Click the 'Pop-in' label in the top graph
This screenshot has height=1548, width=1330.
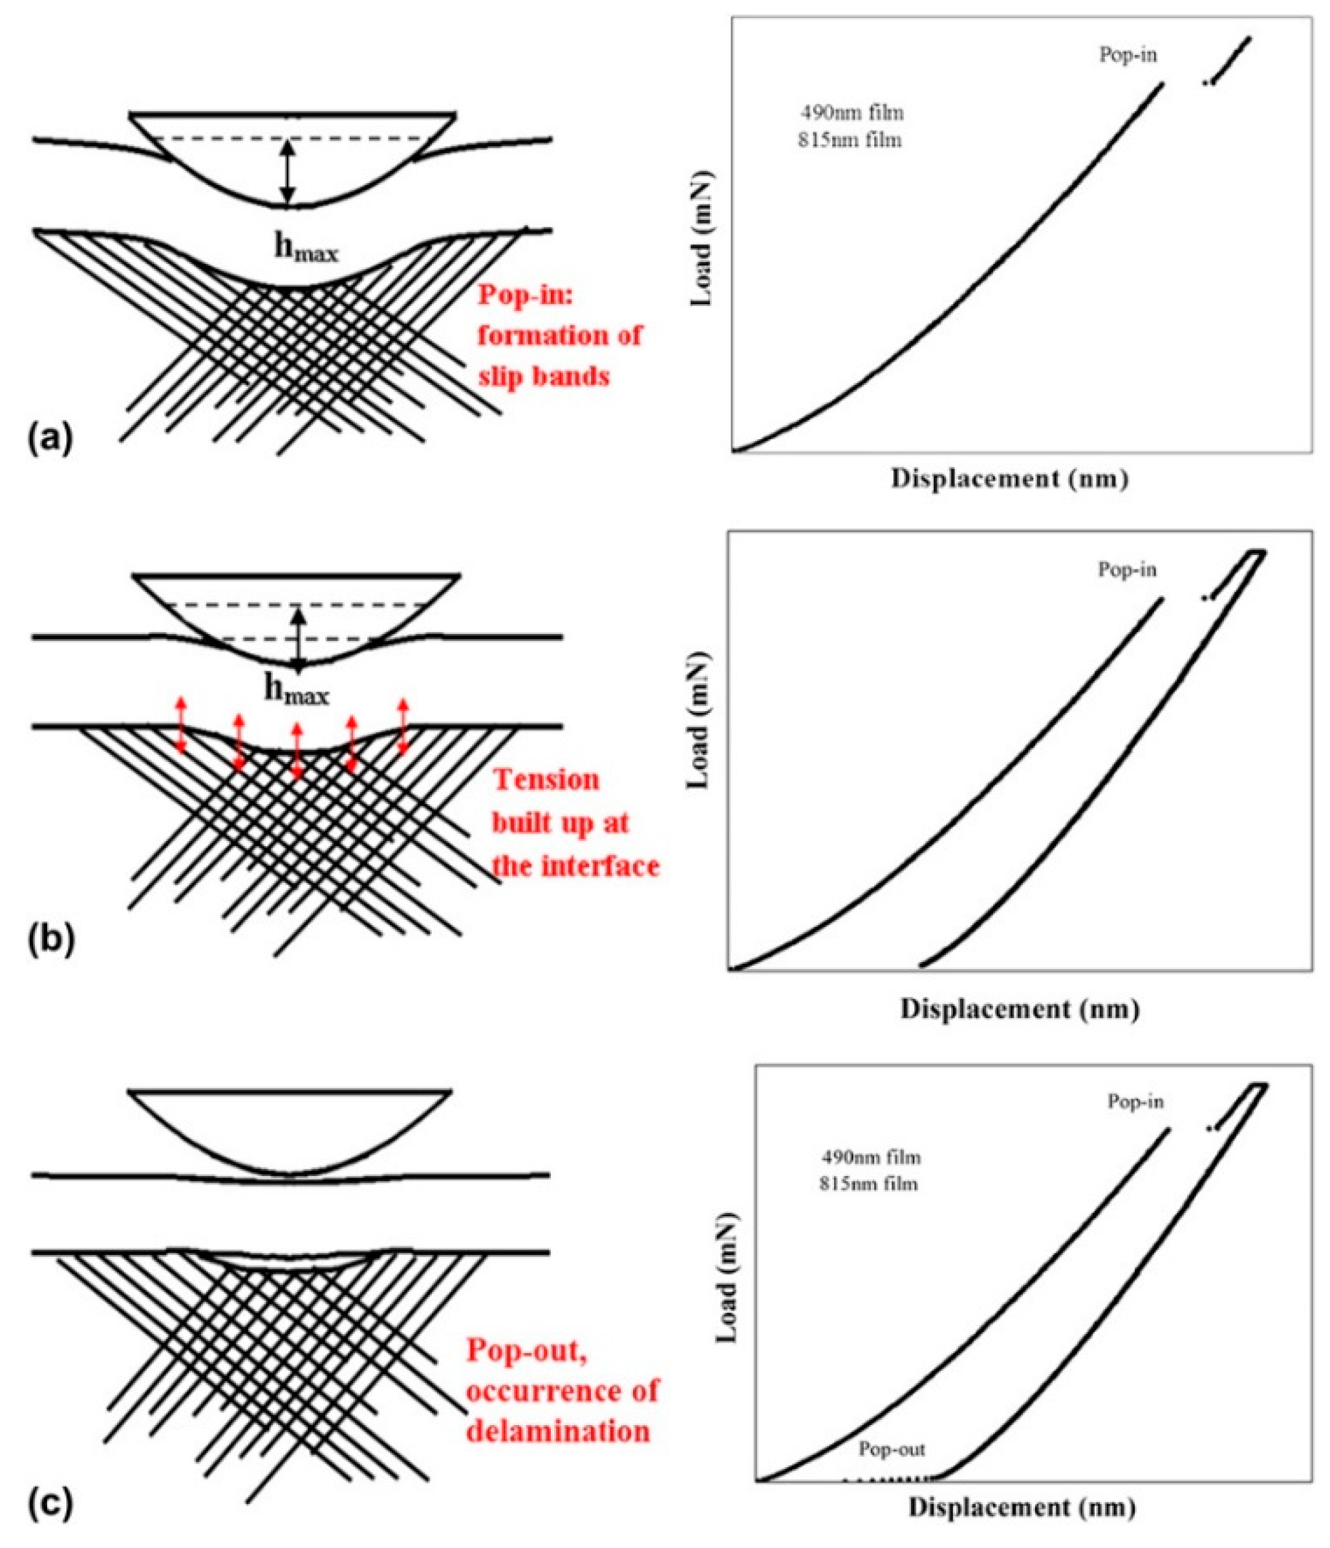(x=1128, y=54)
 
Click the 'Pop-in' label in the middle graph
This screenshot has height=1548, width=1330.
(x=1127, y=570)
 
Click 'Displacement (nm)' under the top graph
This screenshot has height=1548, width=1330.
(x=1009, y=479)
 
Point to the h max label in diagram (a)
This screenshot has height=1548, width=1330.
(x=305, y=250)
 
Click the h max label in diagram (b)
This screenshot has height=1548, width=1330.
(x=297, y=692)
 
